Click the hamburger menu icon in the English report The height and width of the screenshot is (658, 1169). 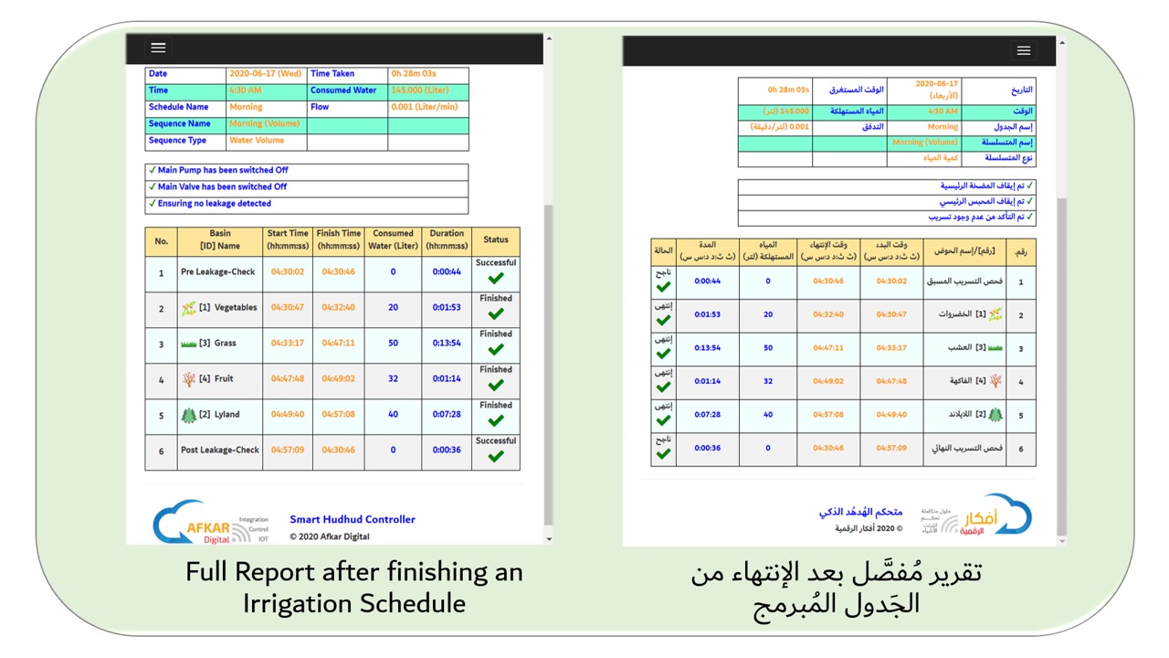point(158,48)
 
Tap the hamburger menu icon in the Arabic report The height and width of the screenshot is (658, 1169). point(1023,51)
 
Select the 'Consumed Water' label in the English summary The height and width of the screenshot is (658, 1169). point(343,90)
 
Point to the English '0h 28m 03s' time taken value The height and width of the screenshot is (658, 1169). point(413,74)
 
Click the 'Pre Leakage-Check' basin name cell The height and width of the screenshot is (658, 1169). point(218,272)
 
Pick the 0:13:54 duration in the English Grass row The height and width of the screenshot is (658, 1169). point(447,344)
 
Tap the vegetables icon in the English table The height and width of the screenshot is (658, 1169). point(189,308)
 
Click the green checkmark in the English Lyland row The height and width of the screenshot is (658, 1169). point(496,420)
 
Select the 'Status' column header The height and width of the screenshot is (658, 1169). point(496,240)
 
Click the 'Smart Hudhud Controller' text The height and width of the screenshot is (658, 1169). point(353,519)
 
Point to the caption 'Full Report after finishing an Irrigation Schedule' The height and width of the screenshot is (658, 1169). point(353,588)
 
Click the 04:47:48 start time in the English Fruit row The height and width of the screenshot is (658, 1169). point(288,379)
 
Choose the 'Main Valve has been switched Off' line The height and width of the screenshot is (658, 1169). point(222,187)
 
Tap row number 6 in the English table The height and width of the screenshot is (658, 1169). point(161,451)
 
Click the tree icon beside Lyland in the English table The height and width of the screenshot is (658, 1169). point(189,415)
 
